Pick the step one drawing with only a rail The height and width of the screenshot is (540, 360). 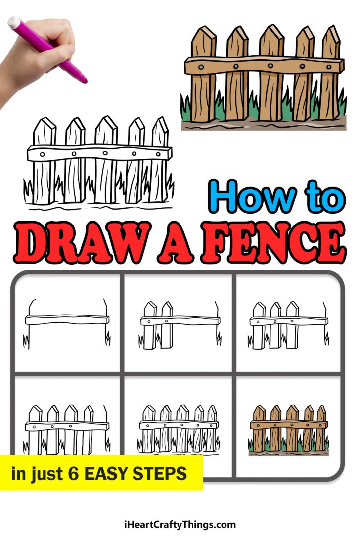pos(67,321)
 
